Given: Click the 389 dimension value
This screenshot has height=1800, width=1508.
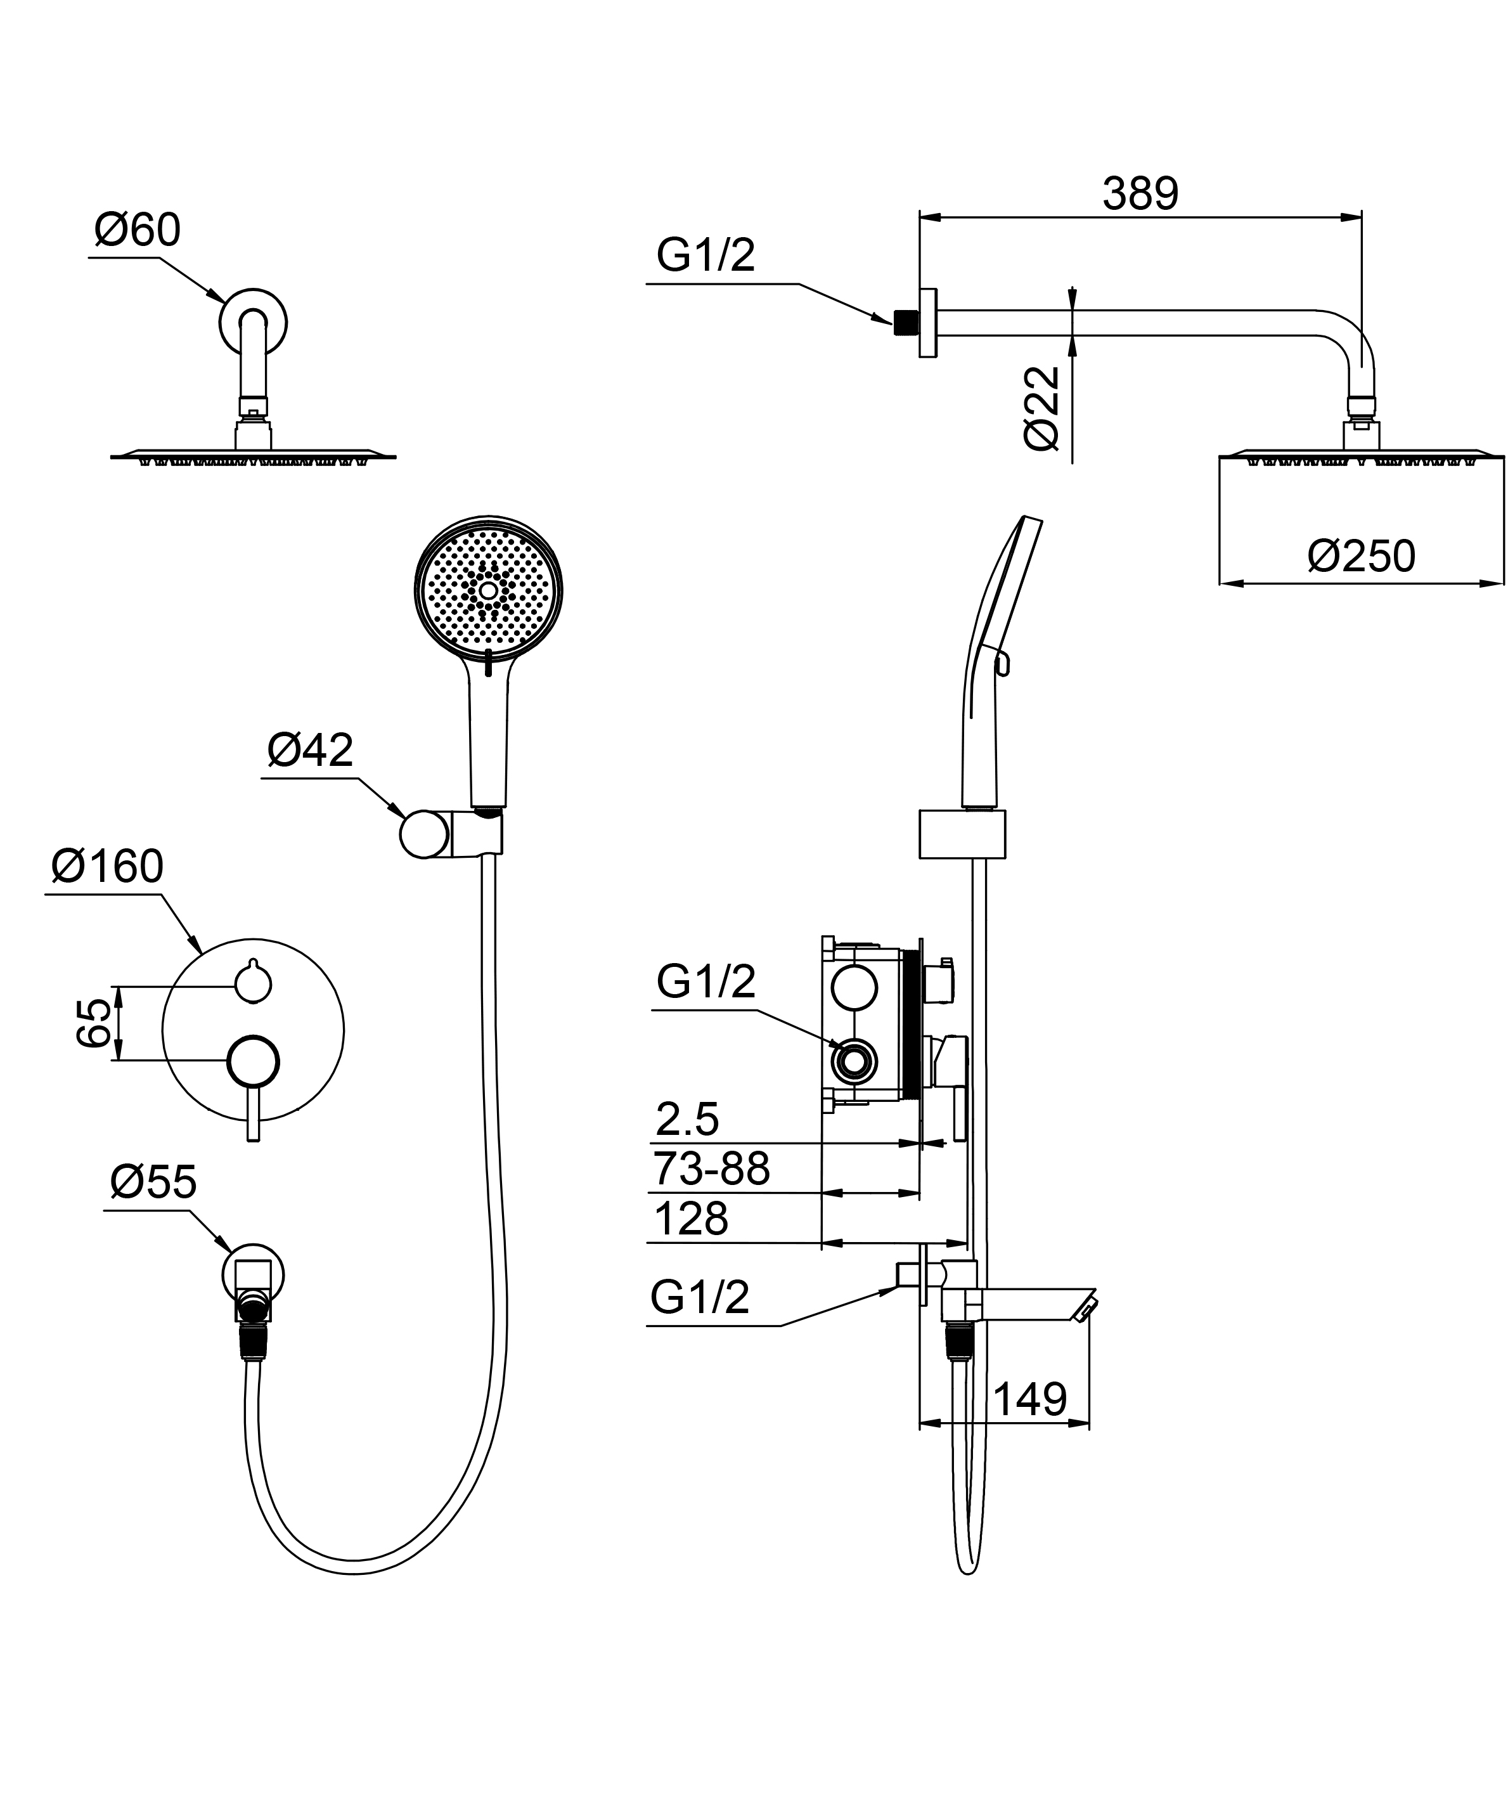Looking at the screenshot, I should point(1140,194).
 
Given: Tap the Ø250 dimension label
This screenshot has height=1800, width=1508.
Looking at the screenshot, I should point(1361,557).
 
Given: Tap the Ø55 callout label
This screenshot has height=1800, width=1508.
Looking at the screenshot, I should point(153,1183).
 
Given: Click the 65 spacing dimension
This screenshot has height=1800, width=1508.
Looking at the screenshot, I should point(94,1023).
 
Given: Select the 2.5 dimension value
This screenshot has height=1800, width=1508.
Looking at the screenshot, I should point(687,1120).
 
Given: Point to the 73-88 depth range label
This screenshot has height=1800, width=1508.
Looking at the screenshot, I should point(711,1169).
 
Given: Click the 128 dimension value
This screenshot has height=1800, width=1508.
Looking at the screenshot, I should point(690,1219).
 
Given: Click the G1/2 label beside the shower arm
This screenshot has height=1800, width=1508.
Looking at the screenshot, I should point(706,256).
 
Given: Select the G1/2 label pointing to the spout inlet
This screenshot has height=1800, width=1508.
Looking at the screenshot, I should point(700,1298).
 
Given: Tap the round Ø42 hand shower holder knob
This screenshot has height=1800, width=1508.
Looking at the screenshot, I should point(423,834).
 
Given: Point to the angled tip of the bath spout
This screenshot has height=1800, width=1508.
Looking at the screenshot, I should point(1085,1308).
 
